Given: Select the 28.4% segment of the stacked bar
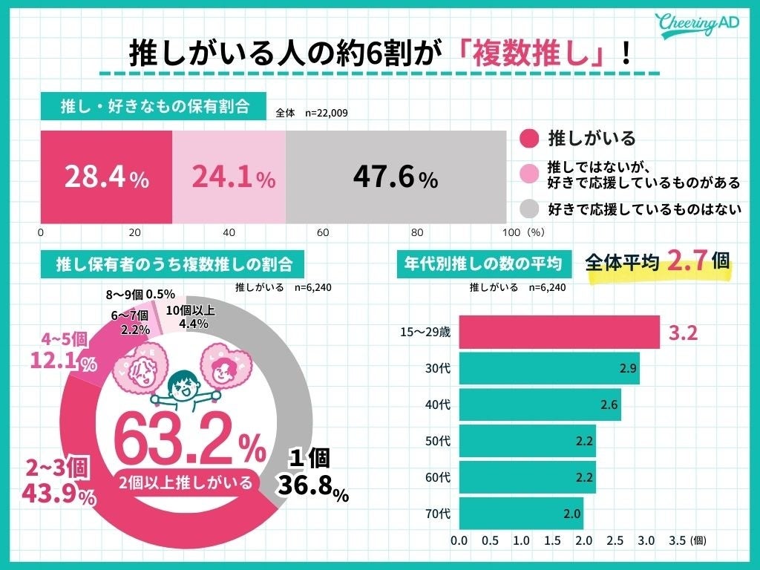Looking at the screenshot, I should [x=106, y=177].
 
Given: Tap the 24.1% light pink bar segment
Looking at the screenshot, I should [x=229, y=177].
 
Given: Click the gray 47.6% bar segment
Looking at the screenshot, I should [x=396, y=177].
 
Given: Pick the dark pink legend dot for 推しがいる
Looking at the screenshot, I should [x=528, y=139].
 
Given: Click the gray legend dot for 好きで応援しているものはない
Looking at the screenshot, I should [x=528, y=208].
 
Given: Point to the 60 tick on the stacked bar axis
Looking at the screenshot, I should [x=323, y=232].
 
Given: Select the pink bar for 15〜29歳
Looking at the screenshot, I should [x=559, y=332].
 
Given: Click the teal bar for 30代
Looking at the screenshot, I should [x=548, y=369].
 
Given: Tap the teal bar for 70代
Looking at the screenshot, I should [x=520, y=511].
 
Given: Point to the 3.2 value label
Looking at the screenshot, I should [x=683, y=333].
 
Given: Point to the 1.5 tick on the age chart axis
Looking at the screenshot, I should [x=552, y=541].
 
